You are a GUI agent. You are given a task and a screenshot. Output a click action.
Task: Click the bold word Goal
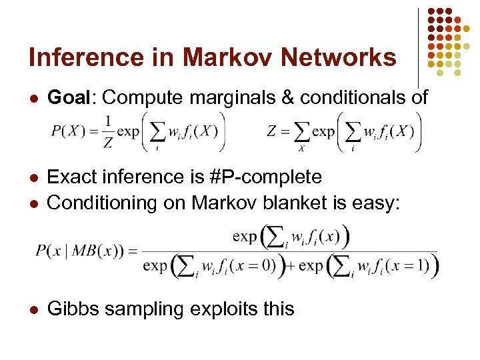pos(72,97)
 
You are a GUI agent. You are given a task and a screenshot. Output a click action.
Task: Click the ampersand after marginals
pos(288,97)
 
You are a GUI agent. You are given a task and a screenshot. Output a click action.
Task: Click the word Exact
pos(72,177)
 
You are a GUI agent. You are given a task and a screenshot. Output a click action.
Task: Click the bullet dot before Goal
pos(33,98)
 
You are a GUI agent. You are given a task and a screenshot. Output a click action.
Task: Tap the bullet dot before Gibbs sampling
pos(33,309)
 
